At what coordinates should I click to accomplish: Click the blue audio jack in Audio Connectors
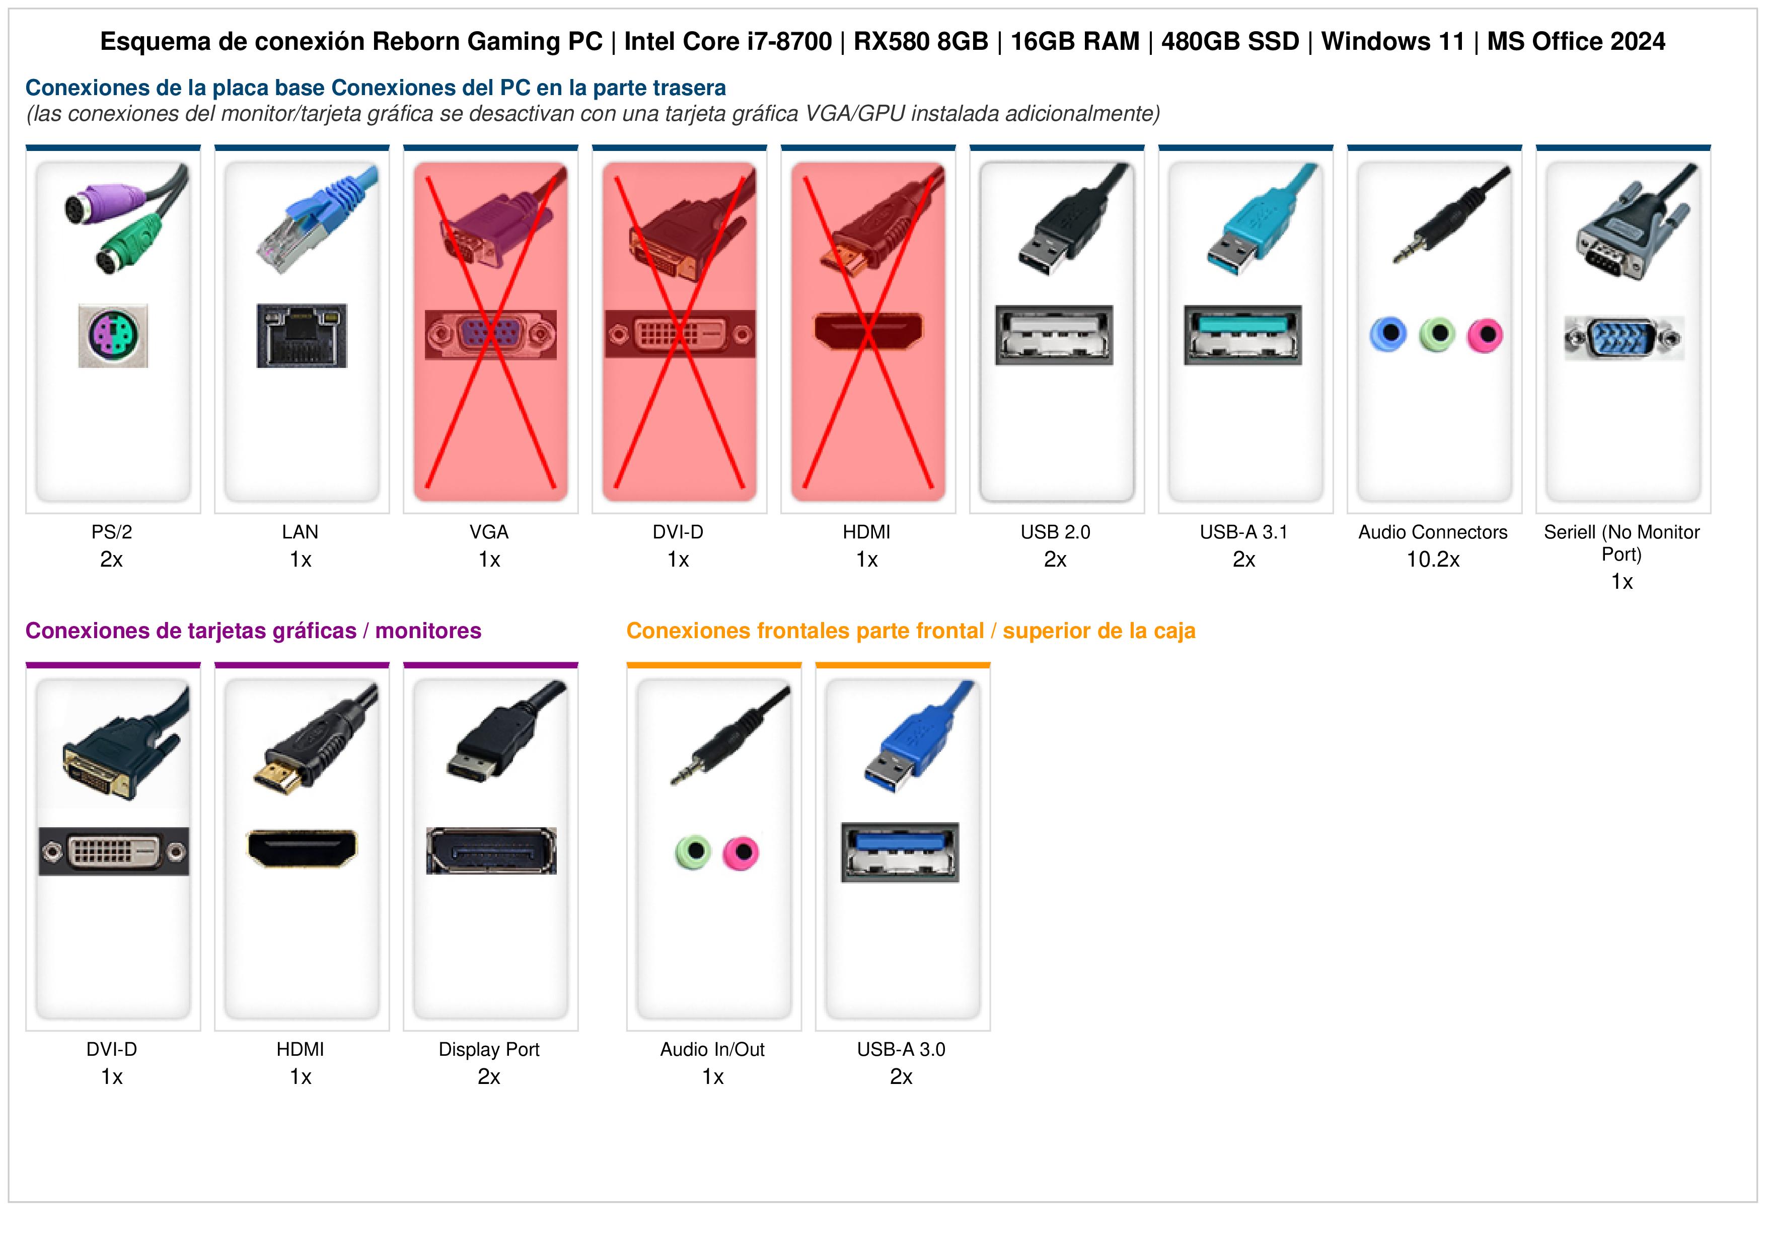coord(1389,335)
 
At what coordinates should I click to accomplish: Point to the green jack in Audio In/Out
coord(694,852)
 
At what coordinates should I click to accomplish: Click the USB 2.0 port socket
coord(1054,335)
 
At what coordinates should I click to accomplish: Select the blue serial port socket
coord(1624,338)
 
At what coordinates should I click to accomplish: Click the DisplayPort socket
coord(491,850)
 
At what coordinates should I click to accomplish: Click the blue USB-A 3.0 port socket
coord(900,852)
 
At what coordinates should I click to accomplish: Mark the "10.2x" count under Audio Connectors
coord(1433,560)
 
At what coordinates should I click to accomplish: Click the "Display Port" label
coord(489,1050)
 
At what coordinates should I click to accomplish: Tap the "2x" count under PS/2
coord(112,560)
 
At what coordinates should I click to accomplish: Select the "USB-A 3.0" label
coord(902,1050)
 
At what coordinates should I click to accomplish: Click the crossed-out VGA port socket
coord(491,335)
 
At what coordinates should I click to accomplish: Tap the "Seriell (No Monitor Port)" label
coord(1622,543)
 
